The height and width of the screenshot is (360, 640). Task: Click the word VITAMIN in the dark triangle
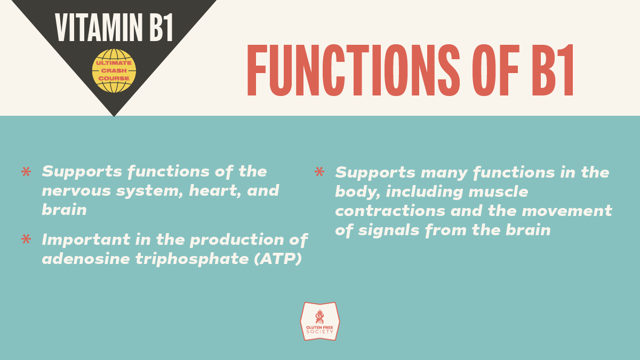pos(99,27)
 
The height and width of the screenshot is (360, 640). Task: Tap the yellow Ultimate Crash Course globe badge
pos(114,70)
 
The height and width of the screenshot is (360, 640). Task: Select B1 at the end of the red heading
pos(553,70)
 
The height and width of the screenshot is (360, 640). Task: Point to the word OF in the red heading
pos(495,70)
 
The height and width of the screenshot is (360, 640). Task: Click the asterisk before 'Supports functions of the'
pos(26,172)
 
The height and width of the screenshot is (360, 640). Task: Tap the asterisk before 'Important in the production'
pos(26,239)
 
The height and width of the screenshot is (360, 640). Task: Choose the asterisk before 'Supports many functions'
pos(319,172)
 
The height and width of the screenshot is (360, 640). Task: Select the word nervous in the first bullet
pos(76,191)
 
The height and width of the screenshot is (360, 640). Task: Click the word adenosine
pos(86,259)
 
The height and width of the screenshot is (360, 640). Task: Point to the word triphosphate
pos(192,259)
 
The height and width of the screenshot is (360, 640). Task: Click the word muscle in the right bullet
pos(498,191)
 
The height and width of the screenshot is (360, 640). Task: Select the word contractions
pos(390,211)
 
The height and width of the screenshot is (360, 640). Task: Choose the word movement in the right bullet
pos(567,211)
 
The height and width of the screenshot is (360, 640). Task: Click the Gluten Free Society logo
pos(320,322)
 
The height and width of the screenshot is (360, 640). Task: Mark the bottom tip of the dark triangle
pos(114,117)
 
